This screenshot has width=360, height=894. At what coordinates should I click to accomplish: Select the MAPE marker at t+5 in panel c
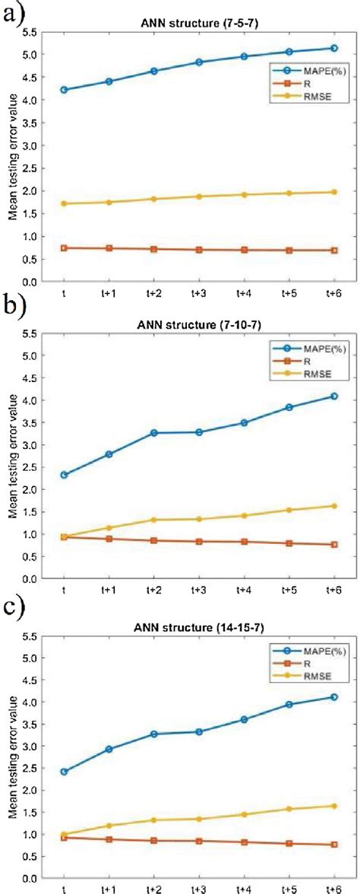point(289,704)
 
